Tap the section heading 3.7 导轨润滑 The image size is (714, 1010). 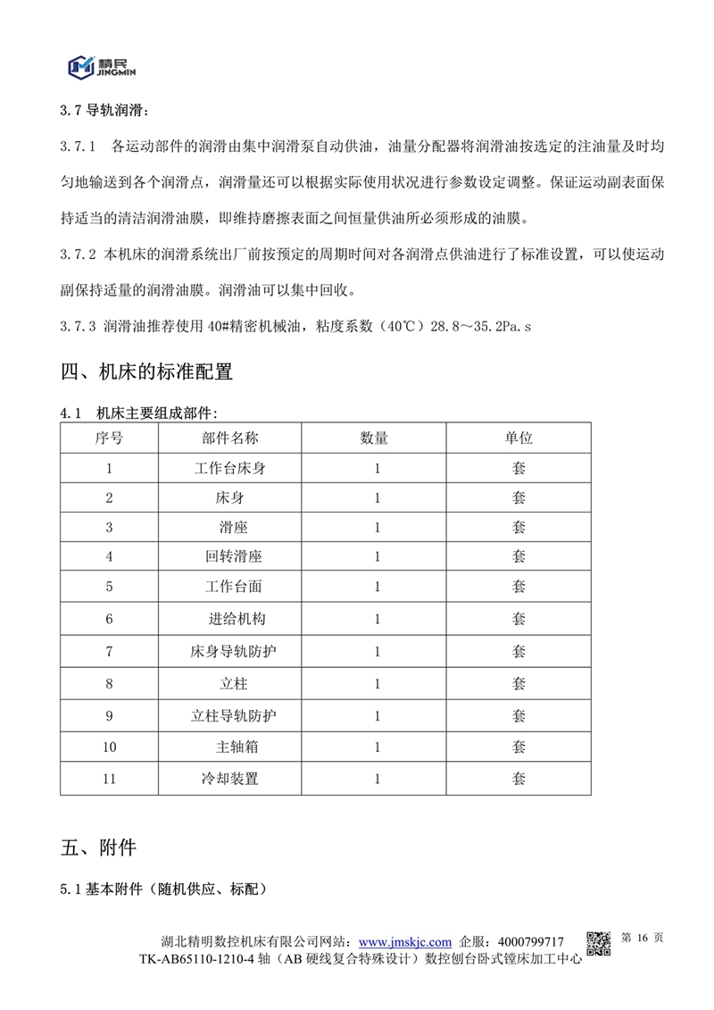[x=105, y=112]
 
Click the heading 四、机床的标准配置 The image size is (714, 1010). [x=147, y=372]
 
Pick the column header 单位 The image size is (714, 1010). [x=519, y=438]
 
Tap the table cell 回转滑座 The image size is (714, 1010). [x=230, y=556]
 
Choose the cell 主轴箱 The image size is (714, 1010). [x=230, y=747]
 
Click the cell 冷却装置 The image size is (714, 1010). [x=230, y=779]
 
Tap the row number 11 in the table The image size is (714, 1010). [x=109, y=779]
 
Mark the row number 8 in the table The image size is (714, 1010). [x=109, y=684]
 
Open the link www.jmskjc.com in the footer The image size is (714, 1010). [x=404, y=942]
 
